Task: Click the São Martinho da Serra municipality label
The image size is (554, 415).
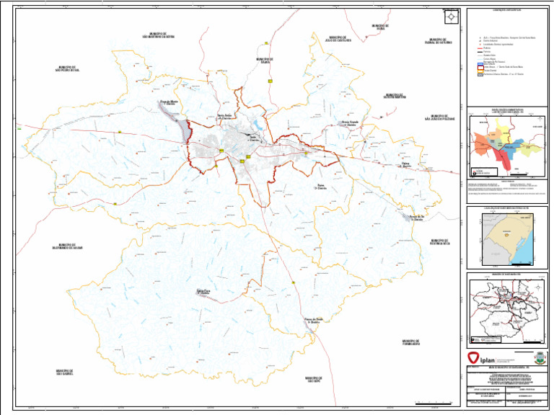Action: click(x=162, y=35)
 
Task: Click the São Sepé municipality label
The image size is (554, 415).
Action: click(x=312, y=379)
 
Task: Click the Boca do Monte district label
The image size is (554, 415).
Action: click(x=167, y=103)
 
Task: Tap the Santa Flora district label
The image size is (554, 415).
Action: click(x=203, y=292)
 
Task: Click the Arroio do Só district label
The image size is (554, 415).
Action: click(x=416, y=216)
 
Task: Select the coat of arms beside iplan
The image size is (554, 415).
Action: click(x=539, y=357)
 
